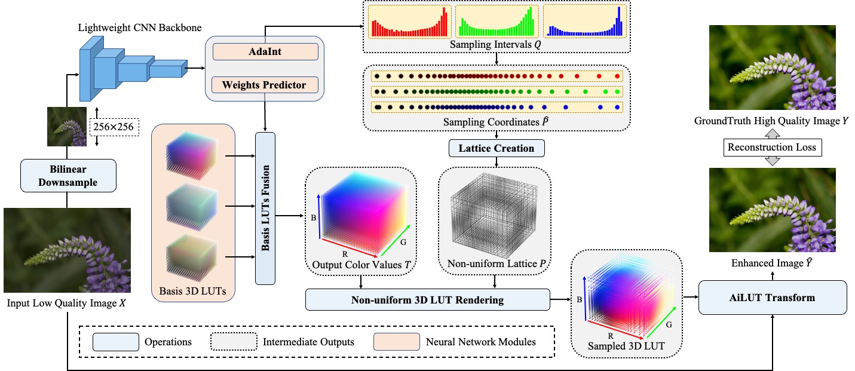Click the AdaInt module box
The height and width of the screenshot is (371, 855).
pos(265,51)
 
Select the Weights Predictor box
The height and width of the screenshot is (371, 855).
pos(265,85)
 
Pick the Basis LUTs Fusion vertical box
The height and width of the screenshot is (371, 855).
pos(265,207)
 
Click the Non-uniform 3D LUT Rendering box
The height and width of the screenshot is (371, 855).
pos(427,300)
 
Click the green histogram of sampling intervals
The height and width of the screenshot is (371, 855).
pos(497,22)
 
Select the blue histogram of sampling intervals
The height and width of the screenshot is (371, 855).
pos(584,22)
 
